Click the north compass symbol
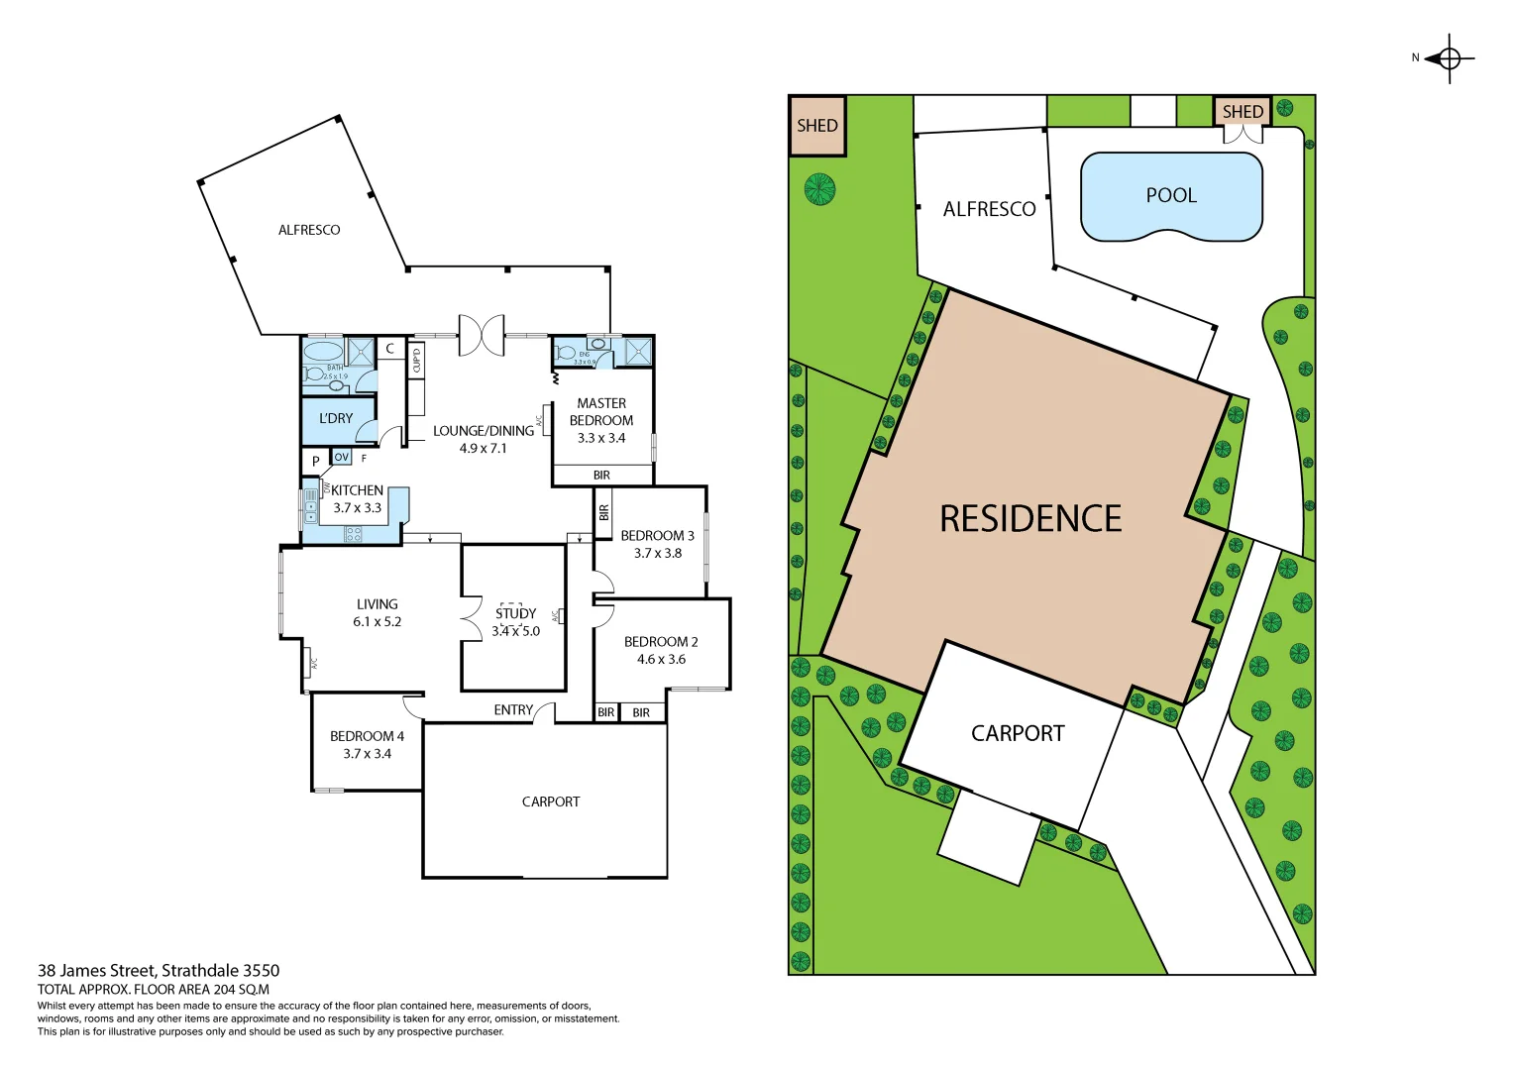click(1449, 58)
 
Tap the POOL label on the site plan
click(1171, 196)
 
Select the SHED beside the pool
click(1243, 111)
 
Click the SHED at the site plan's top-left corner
click(817, 126)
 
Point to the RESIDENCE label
click(1030, 519)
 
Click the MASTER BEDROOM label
click(601, 411)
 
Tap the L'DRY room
click(336, 419)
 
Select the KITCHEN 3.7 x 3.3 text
click(357, 499)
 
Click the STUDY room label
click(515, 614)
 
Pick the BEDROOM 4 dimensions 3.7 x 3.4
click(367, 754)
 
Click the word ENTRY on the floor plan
click(513, 710)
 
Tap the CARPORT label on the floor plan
click(551, 802)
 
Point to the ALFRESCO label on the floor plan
click(309, 230)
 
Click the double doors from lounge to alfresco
click(482, 335)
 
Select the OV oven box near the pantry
click(342, 457)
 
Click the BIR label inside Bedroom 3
click(603, 512)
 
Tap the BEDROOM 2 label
click(661, 642)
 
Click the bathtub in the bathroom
click(323, 352)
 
